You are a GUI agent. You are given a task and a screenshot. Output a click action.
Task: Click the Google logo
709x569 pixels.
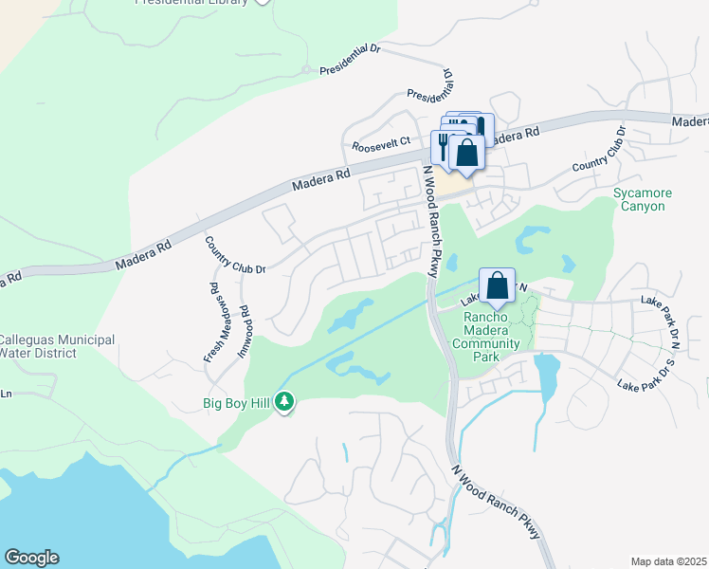(x=31, y=558)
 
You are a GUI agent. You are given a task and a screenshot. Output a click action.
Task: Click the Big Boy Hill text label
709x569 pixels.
(x=237, y=403)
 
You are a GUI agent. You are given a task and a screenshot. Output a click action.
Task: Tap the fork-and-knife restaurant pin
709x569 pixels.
(x=443, y=145)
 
